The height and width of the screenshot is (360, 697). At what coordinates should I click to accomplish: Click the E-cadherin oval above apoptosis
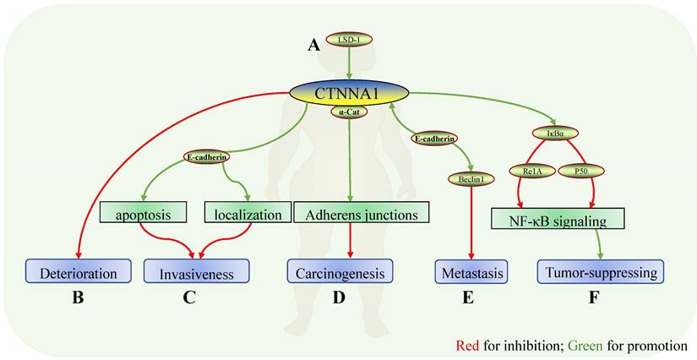tap(208, 156)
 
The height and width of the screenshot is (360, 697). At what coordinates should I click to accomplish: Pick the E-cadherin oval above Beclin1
tap(435, 138)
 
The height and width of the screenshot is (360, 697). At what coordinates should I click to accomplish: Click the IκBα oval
tap(555, 133)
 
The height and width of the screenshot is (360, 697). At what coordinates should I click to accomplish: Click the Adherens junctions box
tap(362, 215)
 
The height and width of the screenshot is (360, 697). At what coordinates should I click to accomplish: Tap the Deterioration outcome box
tap(78, 271)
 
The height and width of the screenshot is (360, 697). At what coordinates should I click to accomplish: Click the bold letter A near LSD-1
tap(313, 46)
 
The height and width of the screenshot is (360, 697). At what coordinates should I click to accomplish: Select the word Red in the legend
tap(468, 345)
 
